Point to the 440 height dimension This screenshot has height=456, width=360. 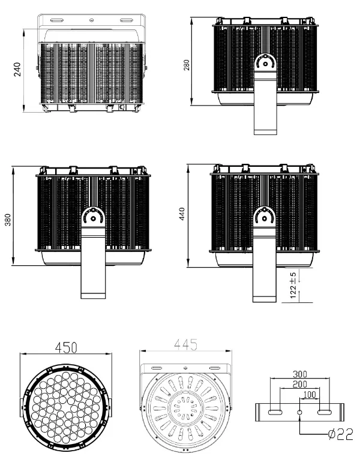(x=182, y=214)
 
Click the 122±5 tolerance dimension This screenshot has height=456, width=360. (x=293, y=285)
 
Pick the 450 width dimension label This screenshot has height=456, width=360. (x=66, y=347)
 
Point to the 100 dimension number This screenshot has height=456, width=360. (x=309, y=395)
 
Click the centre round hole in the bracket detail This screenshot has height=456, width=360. (x=300, y=412)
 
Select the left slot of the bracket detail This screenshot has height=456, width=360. (x=274, y=412)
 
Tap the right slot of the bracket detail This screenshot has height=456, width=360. (x=325, y=412)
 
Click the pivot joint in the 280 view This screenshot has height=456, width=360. (x=265, y=62)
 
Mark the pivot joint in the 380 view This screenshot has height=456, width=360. (x=93, y=217)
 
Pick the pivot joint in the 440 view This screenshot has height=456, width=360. (x=265, y=216)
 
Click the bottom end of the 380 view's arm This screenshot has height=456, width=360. (x=93, y=294)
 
